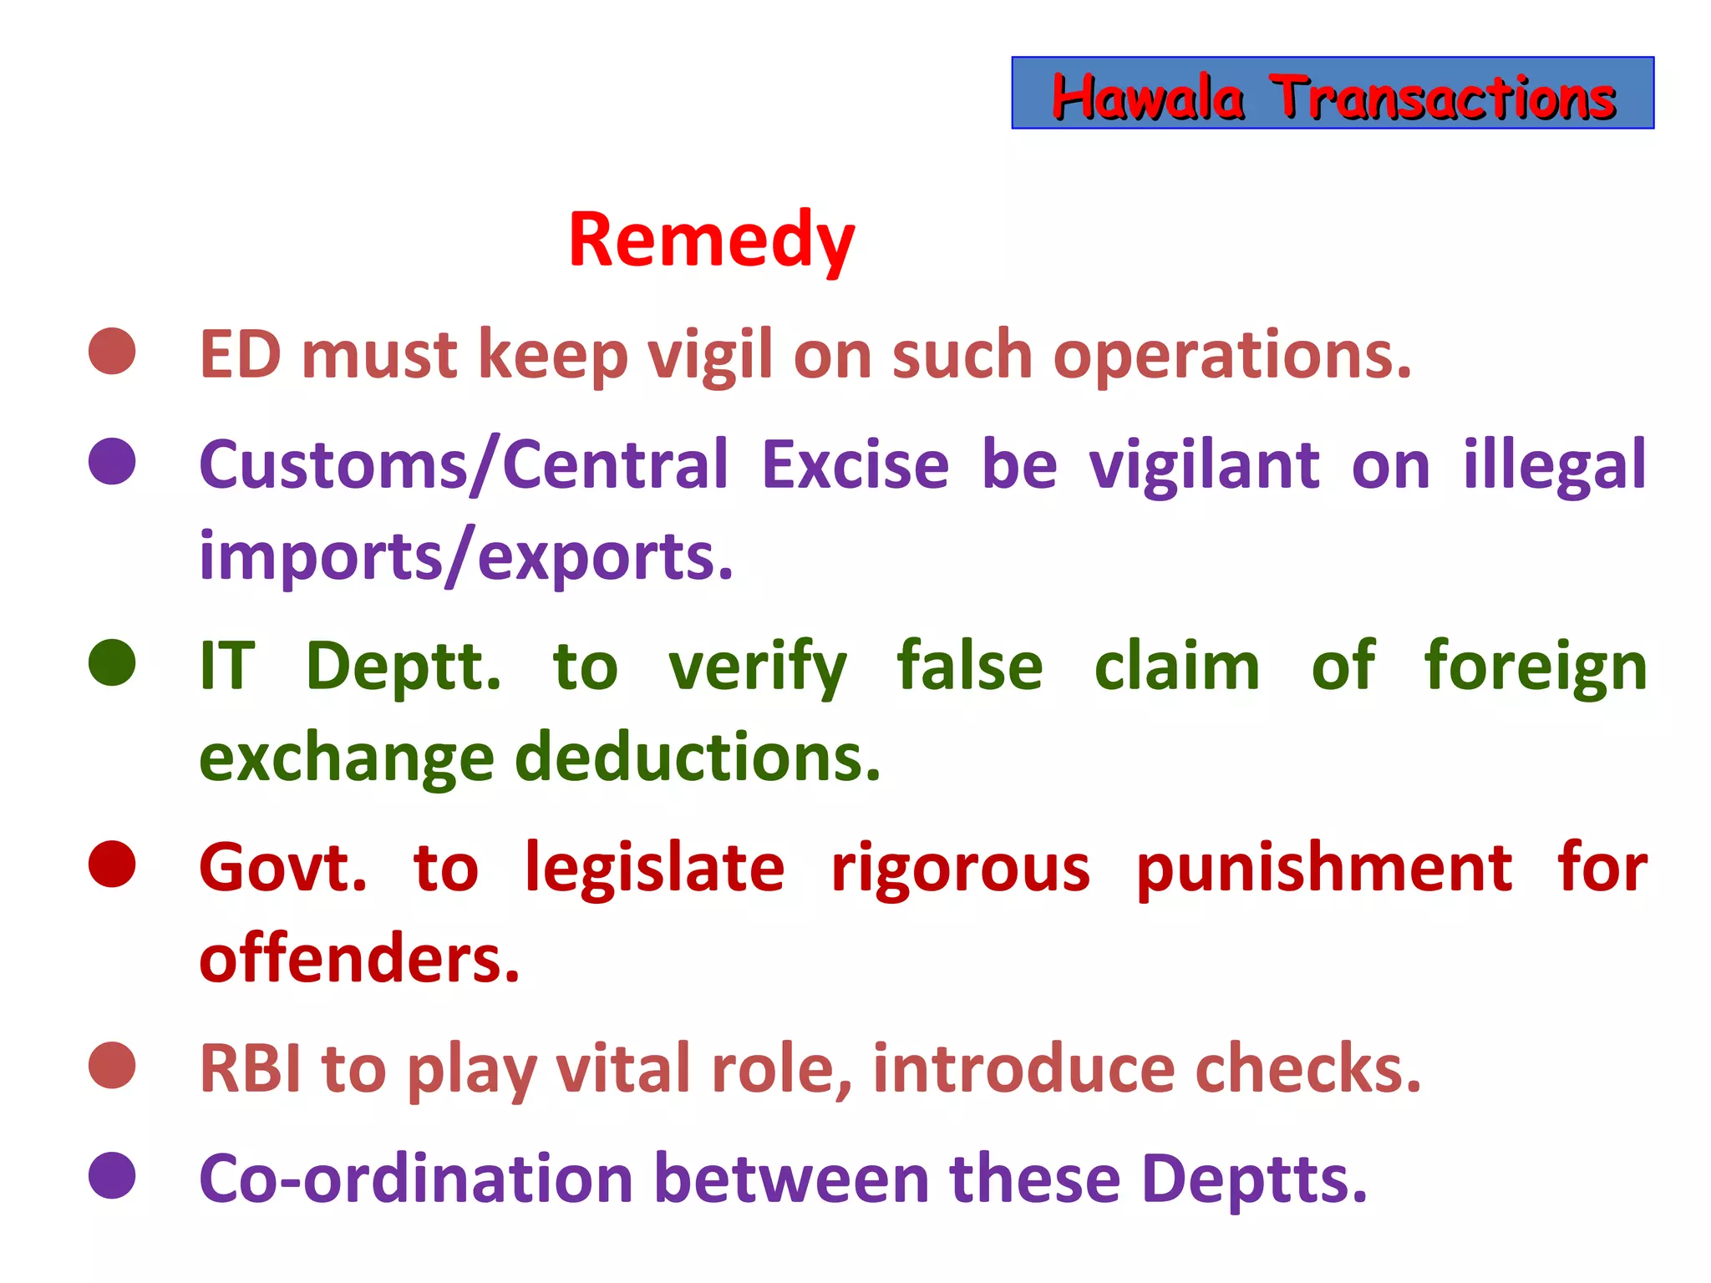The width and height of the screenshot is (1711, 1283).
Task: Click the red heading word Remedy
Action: [x=712, y=241]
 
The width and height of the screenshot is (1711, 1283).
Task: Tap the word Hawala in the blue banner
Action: [x=1148, y=98]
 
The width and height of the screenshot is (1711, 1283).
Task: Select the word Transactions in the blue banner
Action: [x=1443, y=98]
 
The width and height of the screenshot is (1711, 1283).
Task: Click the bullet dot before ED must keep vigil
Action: [x=112, y=351]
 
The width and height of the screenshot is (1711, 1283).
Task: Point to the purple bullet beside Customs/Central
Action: [x=112, y=461]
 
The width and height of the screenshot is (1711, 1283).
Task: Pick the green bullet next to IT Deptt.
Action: [x=112, y=662]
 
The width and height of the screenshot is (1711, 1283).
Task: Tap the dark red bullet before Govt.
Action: [x=112, y=864]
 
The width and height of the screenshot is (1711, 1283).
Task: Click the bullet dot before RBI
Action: [x=112, y=1065]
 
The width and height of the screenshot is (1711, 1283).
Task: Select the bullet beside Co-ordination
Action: [x=112, y=1175]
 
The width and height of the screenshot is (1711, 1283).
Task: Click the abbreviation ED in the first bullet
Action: [x=241, y=355]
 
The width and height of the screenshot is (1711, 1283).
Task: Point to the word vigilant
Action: [x=1205, y=465]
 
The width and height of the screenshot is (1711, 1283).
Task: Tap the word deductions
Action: [x=698, y=758]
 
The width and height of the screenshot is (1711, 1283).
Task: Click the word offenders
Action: [x=359, y=959]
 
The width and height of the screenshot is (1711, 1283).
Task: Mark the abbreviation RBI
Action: [x=250, y=1069]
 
